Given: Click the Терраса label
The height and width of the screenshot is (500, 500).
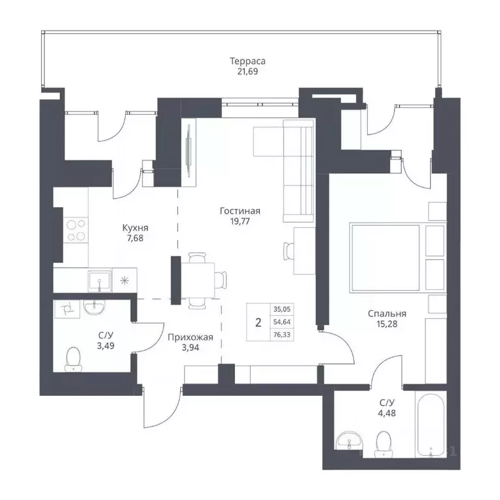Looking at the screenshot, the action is (x=247, y=61).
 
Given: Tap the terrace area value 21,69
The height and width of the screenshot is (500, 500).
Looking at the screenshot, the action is (x=247, y=72).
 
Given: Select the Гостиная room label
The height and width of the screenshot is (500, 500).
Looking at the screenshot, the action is (x=240, y=211).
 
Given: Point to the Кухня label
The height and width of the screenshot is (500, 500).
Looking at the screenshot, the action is (x=135, y=228).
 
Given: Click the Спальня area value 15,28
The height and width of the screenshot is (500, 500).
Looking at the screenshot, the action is (x=387, y=324).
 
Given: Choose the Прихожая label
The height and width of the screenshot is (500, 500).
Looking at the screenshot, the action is (x=190, y=337).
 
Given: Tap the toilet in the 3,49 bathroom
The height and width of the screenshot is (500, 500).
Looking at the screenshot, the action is (x=74, y=359).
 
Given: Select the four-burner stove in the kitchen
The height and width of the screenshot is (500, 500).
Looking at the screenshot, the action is (x=76, y=230).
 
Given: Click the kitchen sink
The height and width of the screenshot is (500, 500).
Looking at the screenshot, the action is (x=100, y=281).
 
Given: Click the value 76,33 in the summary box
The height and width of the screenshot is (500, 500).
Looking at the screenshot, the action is (x=282, y=335).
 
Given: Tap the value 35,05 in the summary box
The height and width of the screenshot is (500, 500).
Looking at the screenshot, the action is (x=282, y=309).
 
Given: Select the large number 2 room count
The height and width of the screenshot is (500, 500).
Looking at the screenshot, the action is (x=258, y=323).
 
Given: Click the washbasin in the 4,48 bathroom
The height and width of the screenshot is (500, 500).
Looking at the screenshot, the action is (x=350, y=442).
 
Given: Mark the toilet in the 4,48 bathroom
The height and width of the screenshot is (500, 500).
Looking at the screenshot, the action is (x=383, y=445).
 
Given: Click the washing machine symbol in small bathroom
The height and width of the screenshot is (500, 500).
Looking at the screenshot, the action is (x=67, y=309).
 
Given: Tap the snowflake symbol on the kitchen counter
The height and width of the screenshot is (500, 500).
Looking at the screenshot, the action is (x=124, y=281).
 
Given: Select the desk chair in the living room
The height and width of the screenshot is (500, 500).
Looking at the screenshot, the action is (x=289, y=251).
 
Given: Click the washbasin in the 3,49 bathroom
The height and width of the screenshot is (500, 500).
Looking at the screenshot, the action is (x=94, y=307).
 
